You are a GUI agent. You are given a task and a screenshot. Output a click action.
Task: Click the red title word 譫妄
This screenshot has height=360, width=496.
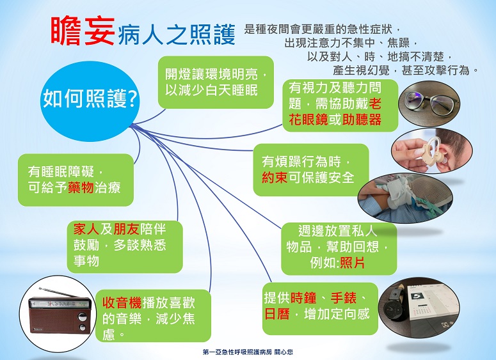pos(83,31)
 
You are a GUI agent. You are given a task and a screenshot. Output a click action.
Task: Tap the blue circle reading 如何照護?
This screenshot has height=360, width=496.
pos(90,101)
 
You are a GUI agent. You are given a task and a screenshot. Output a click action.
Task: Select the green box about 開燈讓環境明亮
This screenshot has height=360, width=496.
pos(216,82)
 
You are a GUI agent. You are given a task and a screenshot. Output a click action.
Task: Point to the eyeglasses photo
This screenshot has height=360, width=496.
pos(429,104)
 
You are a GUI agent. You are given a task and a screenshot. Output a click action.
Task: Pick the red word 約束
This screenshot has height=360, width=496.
pos(275,178)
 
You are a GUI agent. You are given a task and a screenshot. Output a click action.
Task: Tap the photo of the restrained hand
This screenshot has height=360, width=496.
pos(405,198)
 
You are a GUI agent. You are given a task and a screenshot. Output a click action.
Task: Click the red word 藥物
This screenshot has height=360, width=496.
pos(81,188)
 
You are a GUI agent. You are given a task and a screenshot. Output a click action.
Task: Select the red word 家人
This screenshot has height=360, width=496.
pos(86,229)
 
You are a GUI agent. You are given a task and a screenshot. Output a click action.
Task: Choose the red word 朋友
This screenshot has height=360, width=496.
pos(126,229)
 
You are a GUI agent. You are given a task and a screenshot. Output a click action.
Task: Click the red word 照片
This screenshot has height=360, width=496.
pos(352,263)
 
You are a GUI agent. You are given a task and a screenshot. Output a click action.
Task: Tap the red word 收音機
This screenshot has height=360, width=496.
pos(122,303)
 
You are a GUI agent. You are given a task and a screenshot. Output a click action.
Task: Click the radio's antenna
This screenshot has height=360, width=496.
pos(59,293)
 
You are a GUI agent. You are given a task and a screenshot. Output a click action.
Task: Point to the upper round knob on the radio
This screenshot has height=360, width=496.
pos(83,317)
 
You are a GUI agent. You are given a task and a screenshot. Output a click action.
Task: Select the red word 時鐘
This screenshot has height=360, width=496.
pos(303,298)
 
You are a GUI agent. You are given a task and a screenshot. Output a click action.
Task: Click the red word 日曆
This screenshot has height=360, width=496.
pos(276,314)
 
